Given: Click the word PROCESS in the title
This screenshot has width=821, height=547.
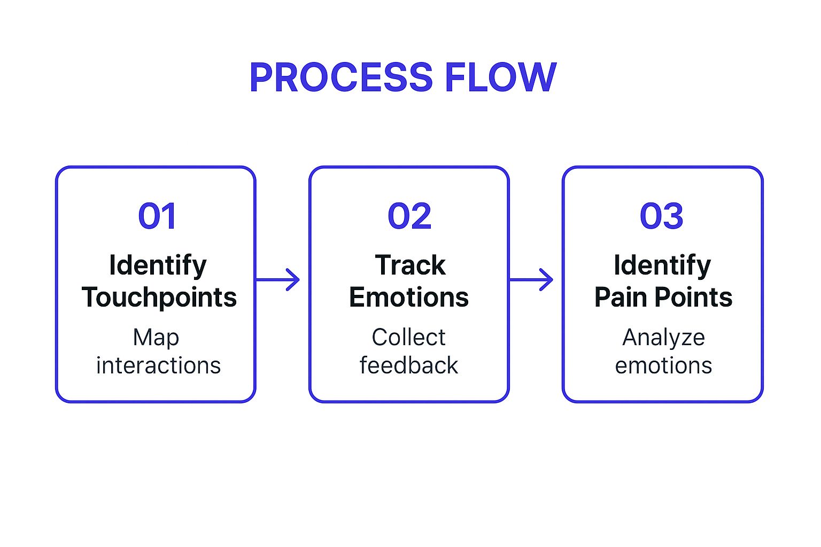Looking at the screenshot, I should (x=341, y=78).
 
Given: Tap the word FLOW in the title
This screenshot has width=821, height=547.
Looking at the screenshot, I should (x=501, y=78).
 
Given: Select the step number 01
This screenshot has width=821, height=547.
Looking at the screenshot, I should (x=157, y=216).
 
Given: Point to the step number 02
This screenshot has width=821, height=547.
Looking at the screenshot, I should (x=409, y=216).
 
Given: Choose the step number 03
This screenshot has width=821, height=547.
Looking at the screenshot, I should (x=662, y=216).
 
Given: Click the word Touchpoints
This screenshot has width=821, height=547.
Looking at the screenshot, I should (x=159, y=298).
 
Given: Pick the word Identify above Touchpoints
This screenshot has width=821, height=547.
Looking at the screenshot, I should (x=158, y=265).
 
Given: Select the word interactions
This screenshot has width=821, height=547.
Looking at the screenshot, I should (x=158, y=366).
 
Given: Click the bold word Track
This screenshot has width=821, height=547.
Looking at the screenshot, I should (x=410, y=265).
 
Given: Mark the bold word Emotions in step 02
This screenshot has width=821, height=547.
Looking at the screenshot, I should (x=409, y=298).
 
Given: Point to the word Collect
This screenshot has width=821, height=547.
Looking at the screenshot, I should (x=408, y=338).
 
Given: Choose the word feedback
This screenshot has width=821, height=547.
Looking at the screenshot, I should (x=409, y=366).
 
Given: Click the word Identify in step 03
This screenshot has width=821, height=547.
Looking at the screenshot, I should (x=662, y=265).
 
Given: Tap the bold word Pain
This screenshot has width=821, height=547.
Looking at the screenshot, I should (x=621, y=298).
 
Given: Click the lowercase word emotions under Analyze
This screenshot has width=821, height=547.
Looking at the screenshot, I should (x=663, y=366).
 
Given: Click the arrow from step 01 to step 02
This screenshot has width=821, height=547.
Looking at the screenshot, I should (x=278, y=279).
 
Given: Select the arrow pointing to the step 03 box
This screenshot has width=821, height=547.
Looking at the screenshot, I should (x=531, y=279).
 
